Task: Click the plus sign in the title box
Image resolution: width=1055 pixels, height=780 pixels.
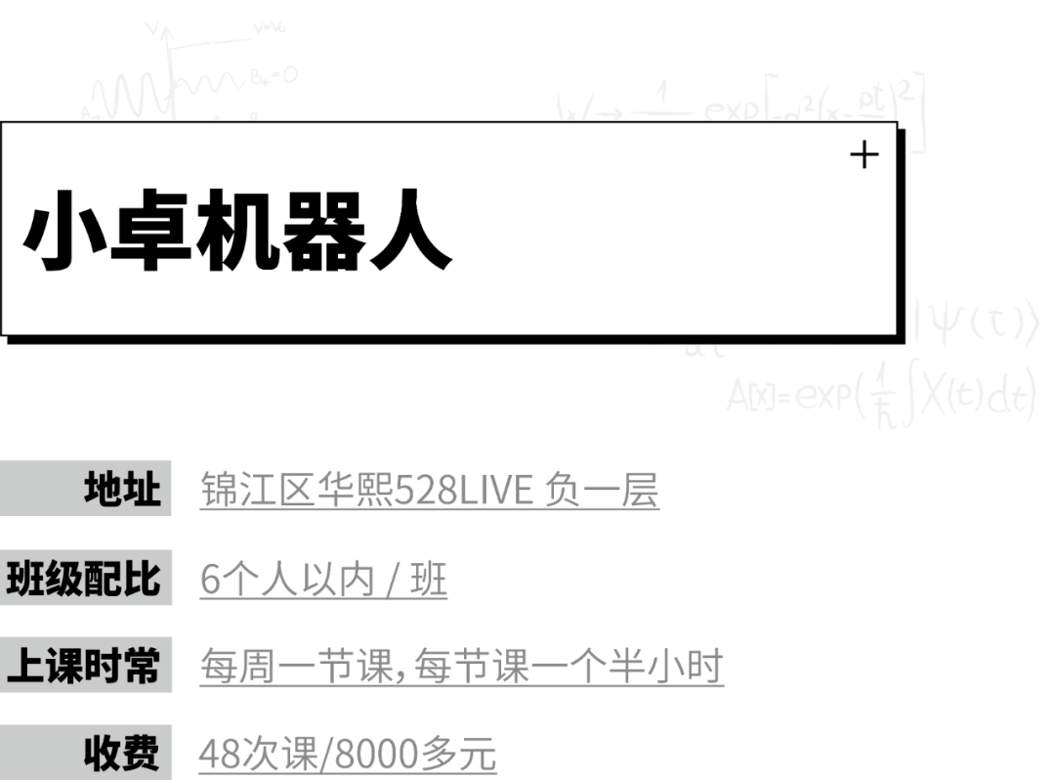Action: pos(865,154)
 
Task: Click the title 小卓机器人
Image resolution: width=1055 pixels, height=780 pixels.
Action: pos(237,238)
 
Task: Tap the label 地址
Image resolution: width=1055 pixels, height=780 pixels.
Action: pos(122,489)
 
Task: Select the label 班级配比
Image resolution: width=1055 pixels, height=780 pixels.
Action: pos(84,579)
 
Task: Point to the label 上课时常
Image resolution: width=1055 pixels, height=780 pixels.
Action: pos(84,667)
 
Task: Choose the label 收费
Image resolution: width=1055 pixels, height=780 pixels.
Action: pos(121,754)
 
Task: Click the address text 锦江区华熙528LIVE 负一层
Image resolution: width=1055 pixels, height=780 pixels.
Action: pos(429,490)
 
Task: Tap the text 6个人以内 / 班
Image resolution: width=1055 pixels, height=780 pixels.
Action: pos(323,581)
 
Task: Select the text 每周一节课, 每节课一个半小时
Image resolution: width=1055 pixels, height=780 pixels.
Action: pos(461,669)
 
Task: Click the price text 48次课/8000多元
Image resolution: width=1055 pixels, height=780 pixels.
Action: pos(348,756)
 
